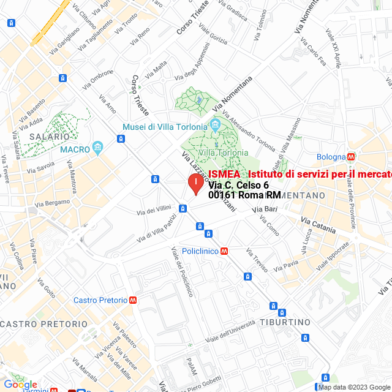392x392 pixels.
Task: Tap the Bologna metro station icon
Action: click(x=351, y=156)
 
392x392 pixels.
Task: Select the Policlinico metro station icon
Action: click(x=225, y=251)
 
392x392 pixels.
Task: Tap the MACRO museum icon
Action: click(x=97, y=148)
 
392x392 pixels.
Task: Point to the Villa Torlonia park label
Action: click(x=223, y=153)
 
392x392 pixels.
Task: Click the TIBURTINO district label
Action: click(x=285, y=322)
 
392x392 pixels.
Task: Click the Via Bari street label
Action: click(x=264, y=209)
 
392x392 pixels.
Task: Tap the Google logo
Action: click(x=20, y=385)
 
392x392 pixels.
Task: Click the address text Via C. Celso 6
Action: click(x=238, y=185)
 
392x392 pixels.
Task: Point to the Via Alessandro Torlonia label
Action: click(x=249, y=134)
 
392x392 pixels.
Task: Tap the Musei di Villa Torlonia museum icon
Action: click(x=214, y=126)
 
